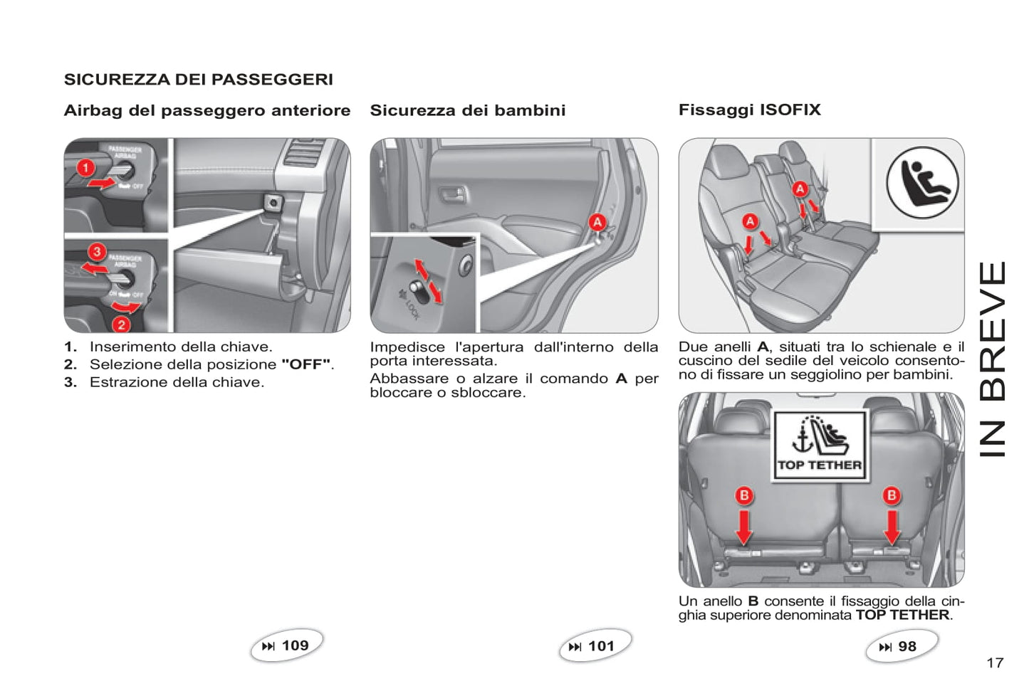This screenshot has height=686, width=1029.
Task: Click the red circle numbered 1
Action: [x=85, y=168]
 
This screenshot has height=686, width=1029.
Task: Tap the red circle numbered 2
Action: [x=121, y=324]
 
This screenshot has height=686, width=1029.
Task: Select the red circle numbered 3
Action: [x=97, y=252]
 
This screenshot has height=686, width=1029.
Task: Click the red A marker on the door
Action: [x=597, y=223]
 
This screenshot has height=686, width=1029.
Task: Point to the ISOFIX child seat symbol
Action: [x=922, y=182]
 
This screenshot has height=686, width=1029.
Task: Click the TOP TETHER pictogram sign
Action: [x=820, y=446]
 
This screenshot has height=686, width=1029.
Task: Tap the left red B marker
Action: [x=744, y=495]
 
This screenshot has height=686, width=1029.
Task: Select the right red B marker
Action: [x=892, y=495]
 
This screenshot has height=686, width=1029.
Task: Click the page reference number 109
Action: [x=295, y=645]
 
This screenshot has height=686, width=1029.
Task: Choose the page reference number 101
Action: [x=601, y=646]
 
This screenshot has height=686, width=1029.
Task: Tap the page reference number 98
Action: [x=907, y=646]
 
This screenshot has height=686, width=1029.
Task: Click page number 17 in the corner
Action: [x=995, y=663]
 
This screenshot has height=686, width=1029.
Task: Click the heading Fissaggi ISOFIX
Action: [x=750, y=110]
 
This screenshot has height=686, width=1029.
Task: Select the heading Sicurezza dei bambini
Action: [x=468, y=110]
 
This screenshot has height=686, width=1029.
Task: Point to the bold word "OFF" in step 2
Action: [x=306, y=364]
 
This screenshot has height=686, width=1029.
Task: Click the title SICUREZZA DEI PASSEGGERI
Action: [x=199, y=80]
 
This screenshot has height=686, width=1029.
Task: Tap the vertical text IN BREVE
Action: [x=993, y=359]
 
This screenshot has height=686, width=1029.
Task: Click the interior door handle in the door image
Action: [x=453, y=194]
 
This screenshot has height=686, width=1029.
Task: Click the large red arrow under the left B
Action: [x=743, y=527]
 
